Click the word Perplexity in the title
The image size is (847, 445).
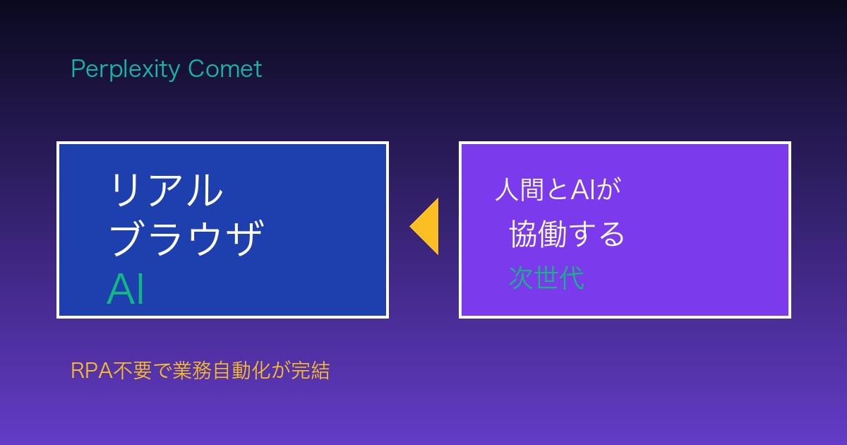point(126,70)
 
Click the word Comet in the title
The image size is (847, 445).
point(225,69)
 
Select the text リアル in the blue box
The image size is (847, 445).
point(167,189)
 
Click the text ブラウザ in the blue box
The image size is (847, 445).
point(186,237)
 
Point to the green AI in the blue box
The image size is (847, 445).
point(126,289)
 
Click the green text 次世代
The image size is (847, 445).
point(546,278)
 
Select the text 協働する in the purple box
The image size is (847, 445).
point(566,234)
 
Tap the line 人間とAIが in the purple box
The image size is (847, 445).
point(558,189)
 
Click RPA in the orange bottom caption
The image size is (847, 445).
point(92,370)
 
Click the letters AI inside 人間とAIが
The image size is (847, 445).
point(584,189)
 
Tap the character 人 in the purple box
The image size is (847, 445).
point(507,189)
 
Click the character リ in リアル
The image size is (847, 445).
point(124,189)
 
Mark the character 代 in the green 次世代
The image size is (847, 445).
point(572,278)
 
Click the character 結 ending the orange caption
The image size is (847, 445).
point(320,370)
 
